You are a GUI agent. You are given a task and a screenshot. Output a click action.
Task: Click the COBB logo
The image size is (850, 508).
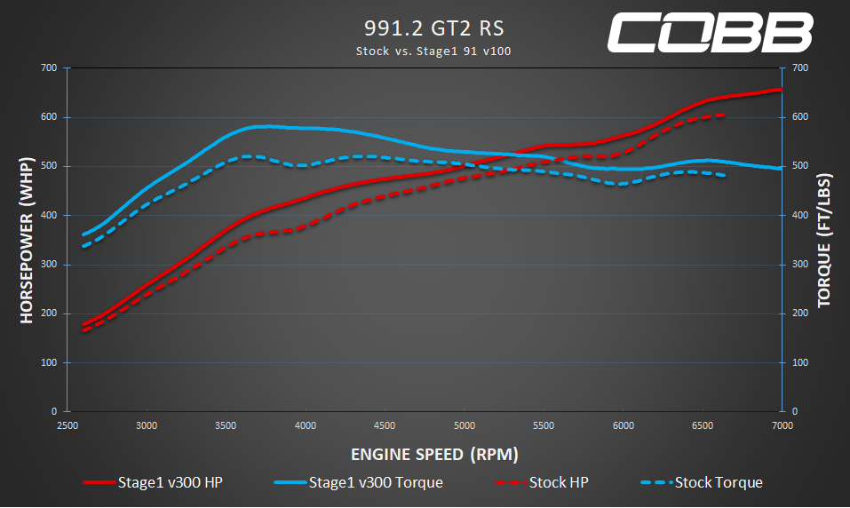(710, 33)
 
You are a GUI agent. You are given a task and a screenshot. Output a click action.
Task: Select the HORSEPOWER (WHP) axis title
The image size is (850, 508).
(26, 240)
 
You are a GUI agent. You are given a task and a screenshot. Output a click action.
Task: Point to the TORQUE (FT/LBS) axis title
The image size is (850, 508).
(823, 240)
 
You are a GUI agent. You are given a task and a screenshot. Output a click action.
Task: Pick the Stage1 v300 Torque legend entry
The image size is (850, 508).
(359, 483)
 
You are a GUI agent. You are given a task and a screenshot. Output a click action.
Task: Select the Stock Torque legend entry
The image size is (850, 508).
(701, 483)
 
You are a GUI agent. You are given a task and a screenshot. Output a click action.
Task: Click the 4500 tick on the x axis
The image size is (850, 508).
(385, 425)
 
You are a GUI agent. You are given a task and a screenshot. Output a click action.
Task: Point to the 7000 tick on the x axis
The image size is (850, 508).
(781, 425)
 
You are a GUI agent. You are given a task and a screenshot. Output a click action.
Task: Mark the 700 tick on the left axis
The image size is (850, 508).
(48, 68)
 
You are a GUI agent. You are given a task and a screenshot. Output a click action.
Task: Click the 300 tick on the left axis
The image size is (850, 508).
(48, 265)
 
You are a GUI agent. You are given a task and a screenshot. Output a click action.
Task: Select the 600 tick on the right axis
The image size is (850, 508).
(800, 117)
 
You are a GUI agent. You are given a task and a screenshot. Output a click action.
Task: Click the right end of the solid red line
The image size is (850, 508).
(781, 89)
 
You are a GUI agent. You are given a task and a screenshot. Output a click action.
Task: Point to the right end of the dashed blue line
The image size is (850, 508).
(726, 175)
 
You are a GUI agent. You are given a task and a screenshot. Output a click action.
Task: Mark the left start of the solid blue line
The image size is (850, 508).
(83, 234)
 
